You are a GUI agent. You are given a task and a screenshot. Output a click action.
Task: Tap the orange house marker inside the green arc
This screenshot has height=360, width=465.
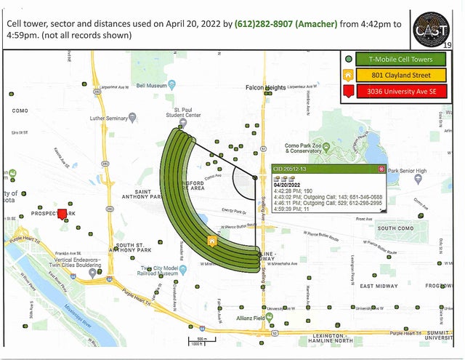(211, 241)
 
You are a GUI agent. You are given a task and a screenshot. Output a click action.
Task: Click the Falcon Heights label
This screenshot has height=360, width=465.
(265, 87)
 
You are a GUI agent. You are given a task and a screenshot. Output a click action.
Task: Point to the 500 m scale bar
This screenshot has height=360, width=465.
(197, 340)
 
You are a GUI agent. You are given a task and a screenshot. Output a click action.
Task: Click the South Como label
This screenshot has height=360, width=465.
(395, 228)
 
